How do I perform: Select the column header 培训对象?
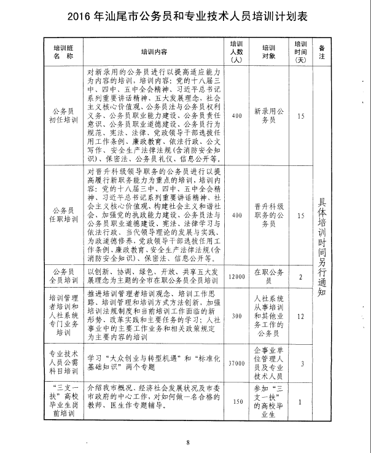(x=268, y=52)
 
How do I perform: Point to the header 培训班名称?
(x=63, y=52)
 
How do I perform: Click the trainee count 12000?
(x=237, y=277)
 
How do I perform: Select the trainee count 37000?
(x=237, y=363)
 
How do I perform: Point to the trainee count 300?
(x=237, y=316)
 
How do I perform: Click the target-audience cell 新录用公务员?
(x=268, y=115)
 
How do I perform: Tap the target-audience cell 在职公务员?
(x=268, y=277)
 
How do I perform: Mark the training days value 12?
(x=300, y=316)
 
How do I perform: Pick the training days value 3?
(x=300, y=363)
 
